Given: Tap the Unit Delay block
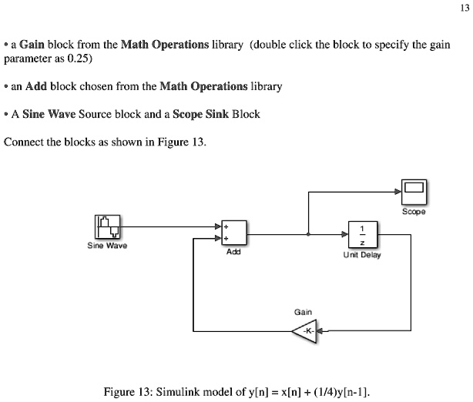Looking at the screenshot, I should click(361, 235).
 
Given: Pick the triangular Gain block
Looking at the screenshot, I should click(305, 331).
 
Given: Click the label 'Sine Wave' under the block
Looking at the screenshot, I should click(107, 246).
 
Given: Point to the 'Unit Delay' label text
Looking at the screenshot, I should click(361, 254).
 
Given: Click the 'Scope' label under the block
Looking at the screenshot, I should click(414, 209).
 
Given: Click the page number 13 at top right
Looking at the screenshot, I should click(463, 8).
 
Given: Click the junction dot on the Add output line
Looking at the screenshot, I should click(309, 235).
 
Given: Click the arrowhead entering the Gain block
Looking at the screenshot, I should click(321, 331).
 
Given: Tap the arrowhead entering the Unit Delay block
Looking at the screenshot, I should click(344, 235).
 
